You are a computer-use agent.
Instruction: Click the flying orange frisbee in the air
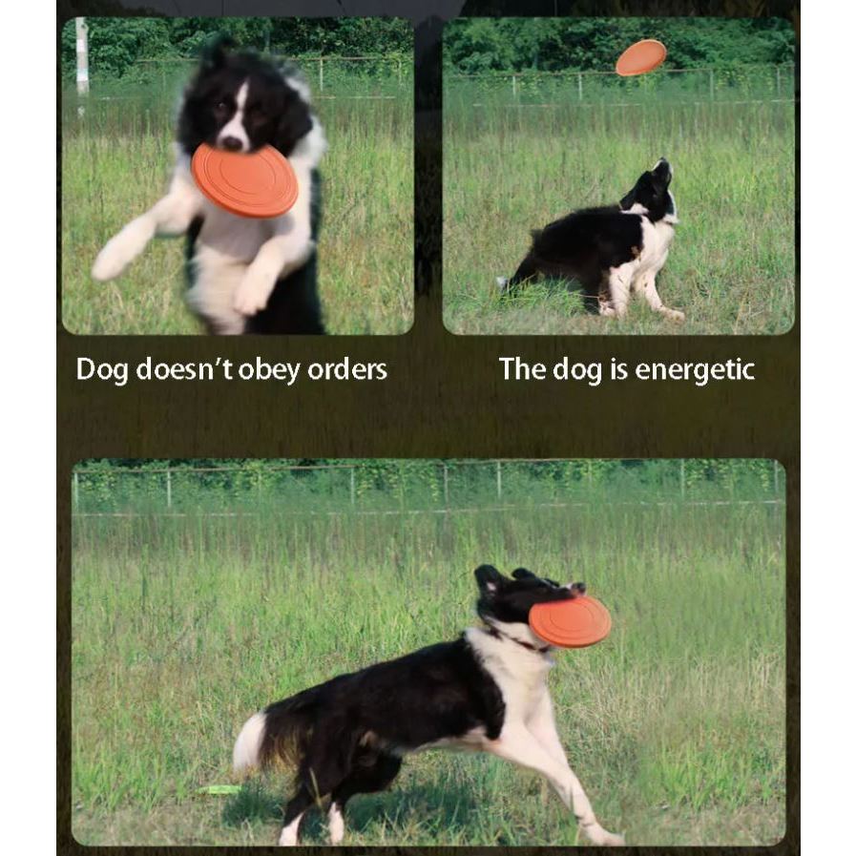[x=641, y=57]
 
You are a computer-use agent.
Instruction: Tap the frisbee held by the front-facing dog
[x=244, y=180]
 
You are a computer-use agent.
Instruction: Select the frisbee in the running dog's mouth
[x=570, y=622]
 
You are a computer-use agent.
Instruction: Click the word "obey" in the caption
[x=269, y=370]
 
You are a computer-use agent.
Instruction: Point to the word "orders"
[x=347, y=369]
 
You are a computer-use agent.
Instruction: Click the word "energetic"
[x=695, y=370]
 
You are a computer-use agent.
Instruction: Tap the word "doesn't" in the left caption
[x=184, y=369]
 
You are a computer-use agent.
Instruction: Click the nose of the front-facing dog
[x=233, y=143]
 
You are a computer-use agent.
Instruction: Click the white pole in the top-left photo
[x=82, y=57]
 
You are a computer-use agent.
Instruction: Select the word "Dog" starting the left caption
[x=102, y=370]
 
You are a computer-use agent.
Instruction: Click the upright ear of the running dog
[x=488, y=578]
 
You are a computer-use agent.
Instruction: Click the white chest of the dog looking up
[x=655, y=244]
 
